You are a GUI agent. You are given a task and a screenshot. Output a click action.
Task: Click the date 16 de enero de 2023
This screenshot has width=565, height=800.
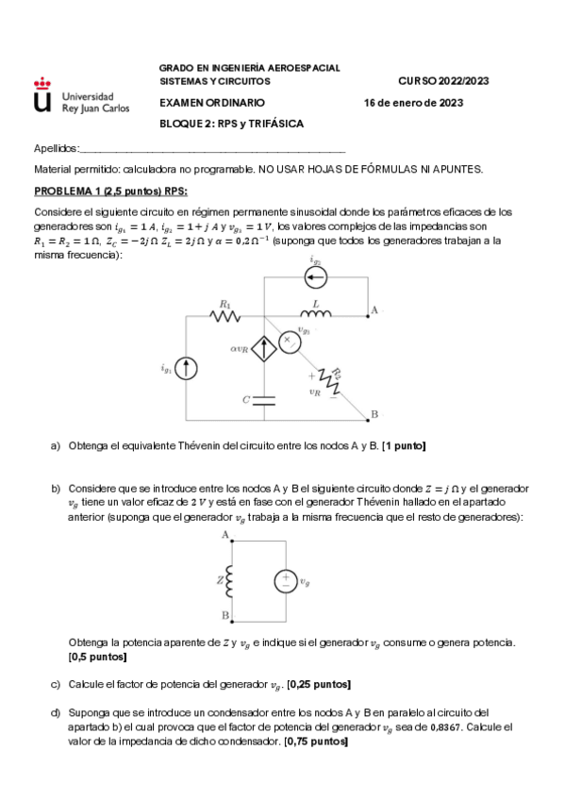413,103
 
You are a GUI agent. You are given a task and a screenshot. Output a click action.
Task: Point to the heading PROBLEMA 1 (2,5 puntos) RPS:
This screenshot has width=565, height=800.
103,191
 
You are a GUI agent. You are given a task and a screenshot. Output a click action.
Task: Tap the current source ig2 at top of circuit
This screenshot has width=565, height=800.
315,277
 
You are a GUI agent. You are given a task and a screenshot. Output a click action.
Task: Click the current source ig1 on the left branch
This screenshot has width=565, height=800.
188,369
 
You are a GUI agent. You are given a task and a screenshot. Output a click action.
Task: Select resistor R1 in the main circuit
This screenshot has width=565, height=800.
225,317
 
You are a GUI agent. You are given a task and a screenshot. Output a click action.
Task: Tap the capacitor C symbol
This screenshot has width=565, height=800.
263,398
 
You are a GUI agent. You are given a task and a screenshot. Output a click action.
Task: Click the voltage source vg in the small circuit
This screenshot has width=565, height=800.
284,581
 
